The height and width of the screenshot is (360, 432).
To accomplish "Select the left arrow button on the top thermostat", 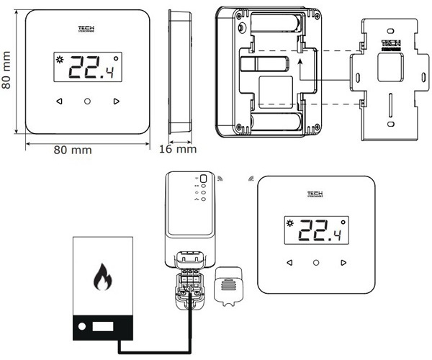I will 59,102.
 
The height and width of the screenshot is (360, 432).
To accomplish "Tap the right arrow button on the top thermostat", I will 116,102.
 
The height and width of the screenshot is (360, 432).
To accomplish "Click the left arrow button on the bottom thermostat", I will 289,261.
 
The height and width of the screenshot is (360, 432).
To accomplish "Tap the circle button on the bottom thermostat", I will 316,261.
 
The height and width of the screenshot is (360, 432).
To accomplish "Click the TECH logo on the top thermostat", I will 87,30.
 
